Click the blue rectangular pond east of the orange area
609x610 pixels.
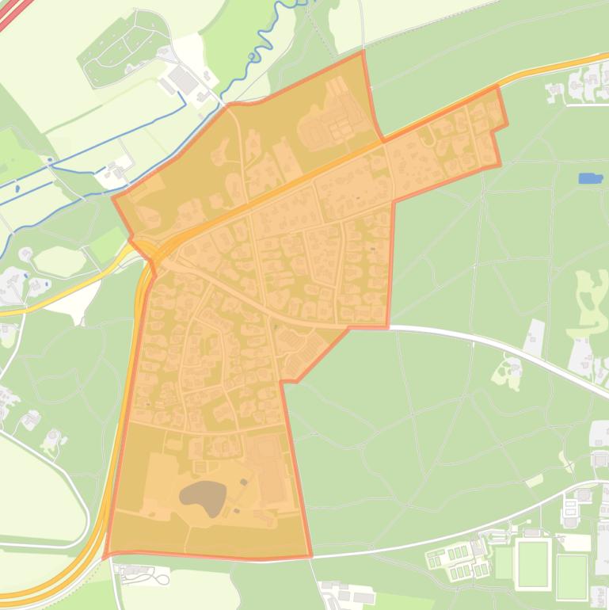[x=590, y=179]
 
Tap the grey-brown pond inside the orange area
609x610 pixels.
[x=203, y=498]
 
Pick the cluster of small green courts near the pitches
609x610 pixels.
[x=457, y=558]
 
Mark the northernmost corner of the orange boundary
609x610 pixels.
[x=363, y=51]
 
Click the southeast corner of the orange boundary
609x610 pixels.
[x=310, y=557]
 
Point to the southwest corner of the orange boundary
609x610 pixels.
[x=105, y=553]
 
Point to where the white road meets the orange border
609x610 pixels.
[x=388, y=326]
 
